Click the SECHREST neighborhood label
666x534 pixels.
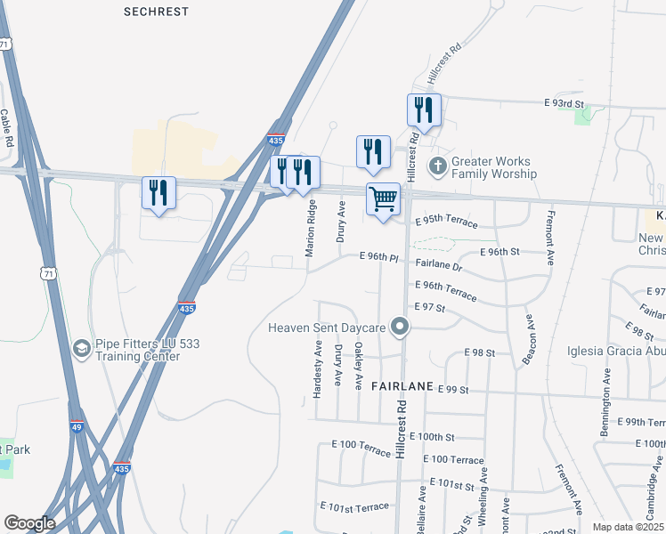(x=156, y=12)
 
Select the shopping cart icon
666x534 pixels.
(x=383, y=198)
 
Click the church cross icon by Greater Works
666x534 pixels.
(x=437, y=166)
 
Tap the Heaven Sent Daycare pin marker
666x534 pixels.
(x=401, y=328)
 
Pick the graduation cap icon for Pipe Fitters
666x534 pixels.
(x=82, y=348)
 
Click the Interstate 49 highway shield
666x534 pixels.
(x=77, y=427)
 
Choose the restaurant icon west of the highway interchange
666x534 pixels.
(x=158, y=192)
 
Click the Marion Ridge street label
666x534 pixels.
(x=311, y=229)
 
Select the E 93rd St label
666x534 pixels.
(x=569, y=104)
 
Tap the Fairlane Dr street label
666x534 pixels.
(x=440, y=266)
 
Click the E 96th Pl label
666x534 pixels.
(x=378, y=257)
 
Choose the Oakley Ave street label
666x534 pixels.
(x=358, y=368)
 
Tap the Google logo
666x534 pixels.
(x=29, y=523)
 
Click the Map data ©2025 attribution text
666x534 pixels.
(x=628, y=527)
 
